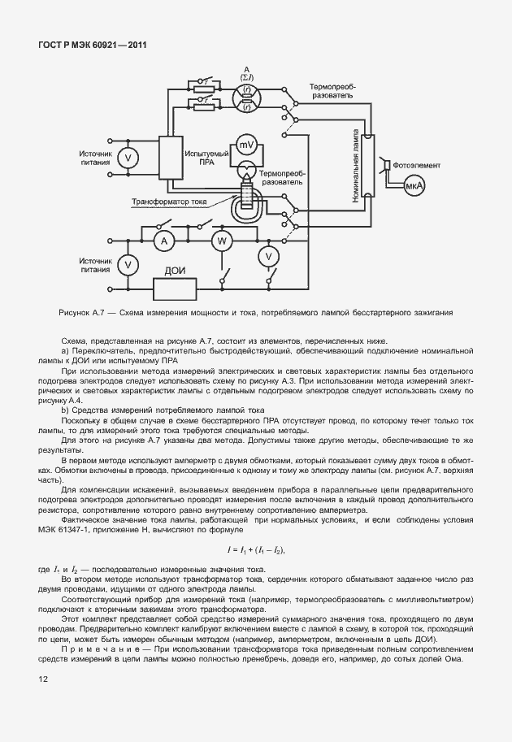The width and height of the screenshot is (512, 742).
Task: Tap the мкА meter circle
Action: (415, 187)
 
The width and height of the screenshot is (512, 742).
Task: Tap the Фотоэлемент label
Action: (416, 164)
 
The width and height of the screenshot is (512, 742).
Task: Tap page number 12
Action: (43, 676)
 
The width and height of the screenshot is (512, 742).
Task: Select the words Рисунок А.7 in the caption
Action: (84, 312)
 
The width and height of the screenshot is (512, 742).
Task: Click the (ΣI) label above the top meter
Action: (247, 78)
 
